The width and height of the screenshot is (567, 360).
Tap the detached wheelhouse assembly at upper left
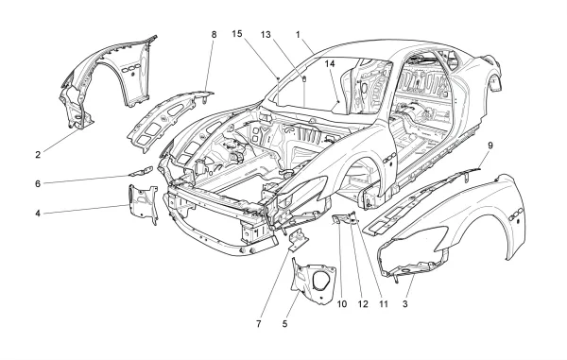coord(109,80)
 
